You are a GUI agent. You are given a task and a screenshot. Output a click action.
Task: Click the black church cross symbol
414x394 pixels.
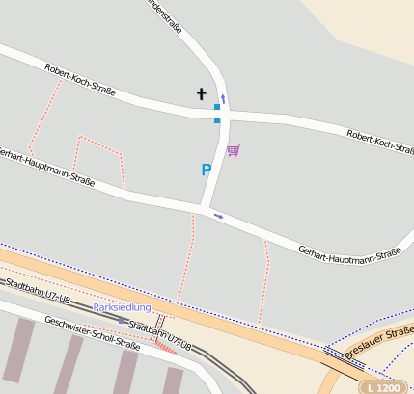click(x=202, y=93)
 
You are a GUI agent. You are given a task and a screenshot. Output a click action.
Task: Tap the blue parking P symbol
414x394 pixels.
click(x=206, y=170)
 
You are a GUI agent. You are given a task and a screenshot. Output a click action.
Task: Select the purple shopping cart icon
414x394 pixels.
click(x=233, y=150)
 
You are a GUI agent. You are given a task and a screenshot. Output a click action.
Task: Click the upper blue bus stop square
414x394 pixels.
click(x=217, y=107)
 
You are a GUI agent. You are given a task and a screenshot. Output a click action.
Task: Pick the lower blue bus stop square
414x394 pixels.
click(x=217, y=120)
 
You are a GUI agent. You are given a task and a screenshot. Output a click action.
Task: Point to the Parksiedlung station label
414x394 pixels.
click(x=122, y=307)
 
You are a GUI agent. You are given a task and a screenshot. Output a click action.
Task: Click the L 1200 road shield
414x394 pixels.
click(x=383, y=387)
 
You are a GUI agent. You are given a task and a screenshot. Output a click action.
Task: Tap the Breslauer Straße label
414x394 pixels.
click(x=379, y=342)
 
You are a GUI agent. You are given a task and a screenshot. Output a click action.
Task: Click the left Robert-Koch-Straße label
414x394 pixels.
click(x=80, y=80)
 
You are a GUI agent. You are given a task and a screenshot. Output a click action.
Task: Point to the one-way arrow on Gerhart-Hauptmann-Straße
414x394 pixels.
click(x=218, y=216)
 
